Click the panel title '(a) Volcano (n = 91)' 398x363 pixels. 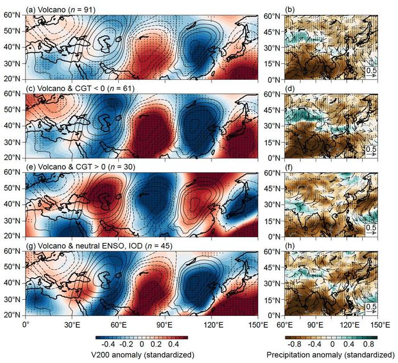[x=60, y=10]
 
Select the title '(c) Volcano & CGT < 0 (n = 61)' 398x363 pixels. [x=80, y=88]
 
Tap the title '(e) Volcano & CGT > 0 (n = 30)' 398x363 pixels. [x=80, y=167]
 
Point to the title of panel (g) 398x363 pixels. [x=99, y=246]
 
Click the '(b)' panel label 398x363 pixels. [x=289, y=10]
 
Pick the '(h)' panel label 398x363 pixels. [x=289, y=246]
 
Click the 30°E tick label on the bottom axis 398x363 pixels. [x=72, y=325]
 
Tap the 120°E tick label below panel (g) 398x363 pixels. [x=212, y=325]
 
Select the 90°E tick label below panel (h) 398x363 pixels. [x=316, y=325]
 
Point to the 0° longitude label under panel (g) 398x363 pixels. [x=26, y=325]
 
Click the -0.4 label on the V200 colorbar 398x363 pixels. [x=108, y=344]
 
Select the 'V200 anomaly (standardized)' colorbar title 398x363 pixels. [x=142, y=355]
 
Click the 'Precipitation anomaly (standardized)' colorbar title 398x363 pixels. [x=330, y=355]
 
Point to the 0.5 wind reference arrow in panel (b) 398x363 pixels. [x=371, y=76]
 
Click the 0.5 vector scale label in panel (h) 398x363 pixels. [x=371, y=306]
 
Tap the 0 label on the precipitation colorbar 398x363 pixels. [x=332, y=344]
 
